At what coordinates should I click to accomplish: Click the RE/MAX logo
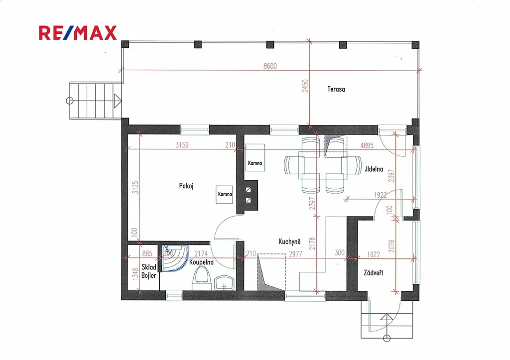pos(78,33)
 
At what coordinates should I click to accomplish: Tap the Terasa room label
pos(336,89)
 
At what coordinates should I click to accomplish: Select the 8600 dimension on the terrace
pos(270,66)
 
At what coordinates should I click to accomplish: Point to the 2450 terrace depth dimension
pos(305,86)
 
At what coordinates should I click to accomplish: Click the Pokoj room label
pos(186,186)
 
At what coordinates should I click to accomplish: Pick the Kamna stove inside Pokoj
pos(225,195)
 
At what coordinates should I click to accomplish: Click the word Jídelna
pos(374,169)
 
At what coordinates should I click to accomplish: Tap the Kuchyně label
pos(289,241)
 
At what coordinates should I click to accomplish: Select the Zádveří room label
pos(373,273)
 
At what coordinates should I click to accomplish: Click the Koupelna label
pos(201,262)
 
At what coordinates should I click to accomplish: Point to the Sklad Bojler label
pos(148,271)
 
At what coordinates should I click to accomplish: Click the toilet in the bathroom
pos(202,278)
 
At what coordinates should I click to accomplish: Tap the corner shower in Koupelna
pos(175,258)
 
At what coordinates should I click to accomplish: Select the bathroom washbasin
pos(225,282)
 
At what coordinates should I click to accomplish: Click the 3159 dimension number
pos(182,145)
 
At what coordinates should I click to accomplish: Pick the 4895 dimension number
pos(367,146)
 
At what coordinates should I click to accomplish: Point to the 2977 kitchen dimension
pos(295,253)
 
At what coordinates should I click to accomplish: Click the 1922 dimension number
pos(380,195)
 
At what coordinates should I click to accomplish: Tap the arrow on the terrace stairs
pos(118,101)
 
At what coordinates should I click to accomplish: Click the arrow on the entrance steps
pos(386,317)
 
